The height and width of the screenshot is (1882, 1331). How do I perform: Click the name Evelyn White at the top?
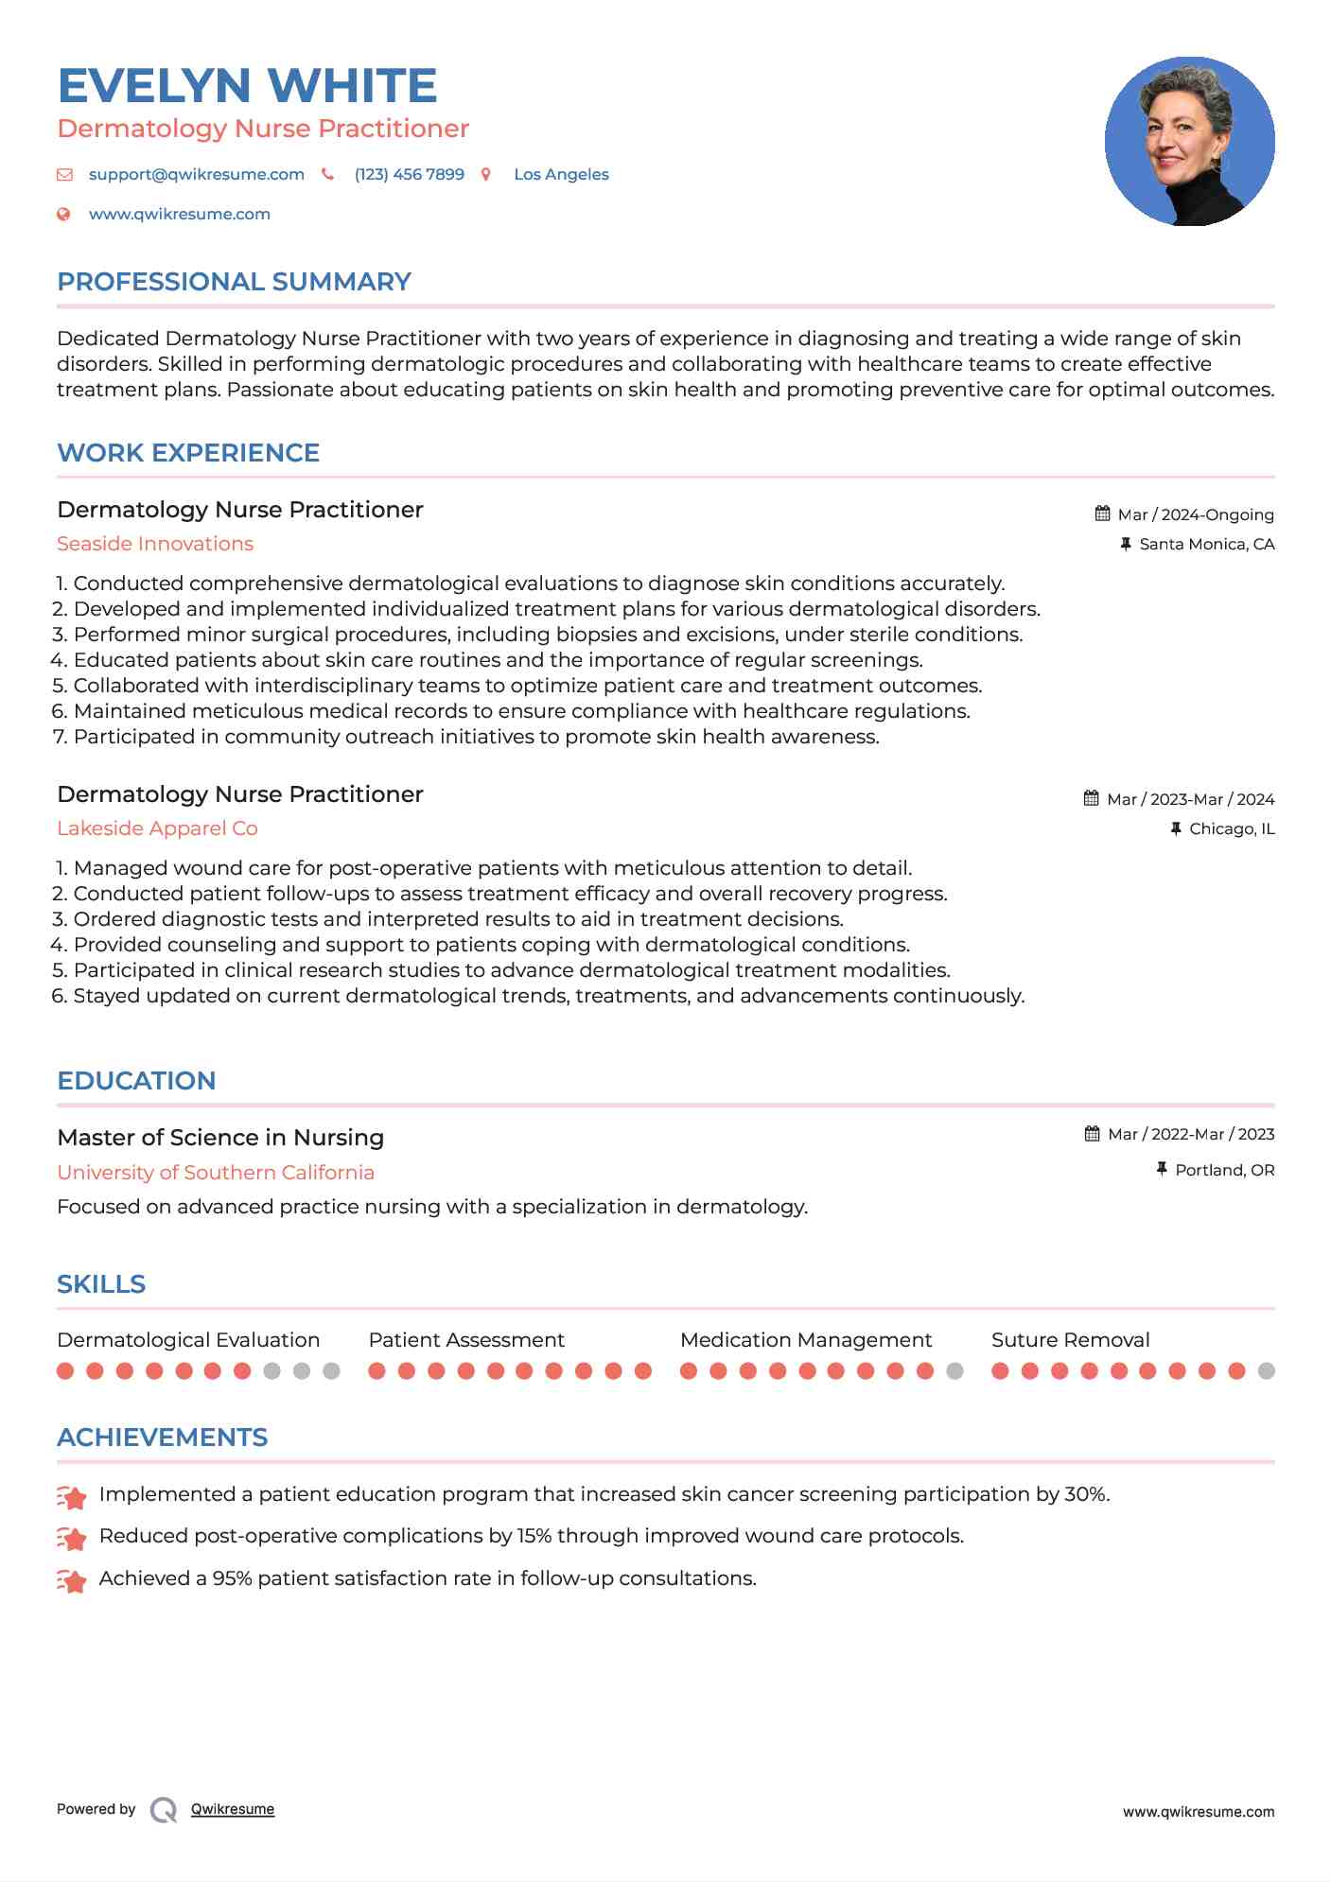pos(247,86)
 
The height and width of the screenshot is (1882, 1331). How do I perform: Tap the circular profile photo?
pos(1189,142)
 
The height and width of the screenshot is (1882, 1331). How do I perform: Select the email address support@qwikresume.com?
pos(196,175)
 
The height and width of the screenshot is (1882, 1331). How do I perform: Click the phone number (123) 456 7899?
pos(409,175)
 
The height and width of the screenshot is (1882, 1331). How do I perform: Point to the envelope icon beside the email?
pos(64,175)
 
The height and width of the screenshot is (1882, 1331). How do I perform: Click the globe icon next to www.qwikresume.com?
pos(63,215)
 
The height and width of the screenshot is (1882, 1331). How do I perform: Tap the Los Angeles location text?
pos(561,175)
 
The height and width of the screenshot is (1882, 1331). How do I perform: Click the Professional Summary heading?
pos(234,282)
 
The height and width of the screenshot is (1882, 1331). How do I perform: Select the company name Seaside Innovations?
pos(155,544)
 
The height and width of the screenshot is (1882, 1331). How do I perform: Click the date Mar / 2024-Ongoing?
pos(1196,514)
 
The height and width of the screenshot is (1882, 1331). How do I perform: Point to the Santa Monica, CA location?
pos(1206,544)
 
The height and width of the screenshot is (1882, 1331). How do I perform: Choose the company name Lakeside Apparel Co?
pos(157,828)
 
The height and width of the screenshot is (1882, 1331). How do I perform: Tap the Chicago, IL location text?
pos(1232,828)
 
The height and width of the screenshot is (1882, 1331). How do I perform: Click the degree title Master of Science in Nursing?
pos(220,1138)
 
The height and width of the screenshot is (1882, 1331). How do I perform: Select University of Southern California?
pos(216,1173)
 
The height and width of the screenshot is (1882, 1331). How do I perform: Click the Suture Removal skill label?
pos(1070,1340)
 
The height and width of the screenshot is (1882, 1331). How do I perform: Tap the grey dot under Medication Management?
pos(954,1371)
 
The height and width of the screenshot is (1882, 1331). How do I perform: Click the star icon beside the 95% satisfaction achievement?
pos(72,1579)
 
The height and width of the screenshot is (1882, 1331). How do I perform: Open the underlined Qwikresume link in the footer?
pos(233,1809)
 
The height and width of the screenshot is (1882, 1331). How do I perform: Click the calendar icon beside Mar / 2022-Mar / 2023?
pos(1092,1134)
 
